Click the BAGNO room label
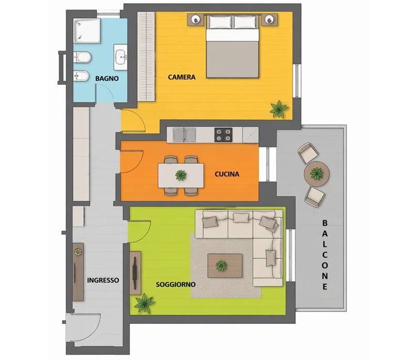(x=107, y=79)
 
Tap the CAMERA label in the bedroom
(x=182, y=77)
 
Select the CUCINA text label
(x=227, y=174)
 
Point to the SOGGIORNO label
(x=176, y=285)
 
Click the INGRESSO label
(x=103, y=280)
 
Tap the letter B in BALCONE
(x=325, y=223)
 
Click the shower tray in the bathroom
(x=87, y=30)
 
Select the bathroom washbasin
(x=121, y=57)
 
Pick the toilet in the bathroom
(x=82, y=57)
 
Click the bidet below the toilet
(x=82, y=76)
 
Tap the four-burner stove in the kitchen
(x=223, y=135)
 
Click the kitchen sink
(x=184, y=135)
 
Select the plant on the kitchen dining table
(x=181, y=175)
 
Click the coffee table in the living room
(x=225, y=265)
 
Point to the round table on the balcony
(x=317, y=174)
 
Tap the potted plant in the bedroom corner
(x=279, y=109)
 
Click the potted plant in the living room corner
(x=144, y=303)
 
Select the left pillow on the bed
(x=220, y=22)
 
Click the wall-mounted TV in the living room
(x=135, y=273)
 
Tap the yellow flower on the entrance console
(x=77, y=252)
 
